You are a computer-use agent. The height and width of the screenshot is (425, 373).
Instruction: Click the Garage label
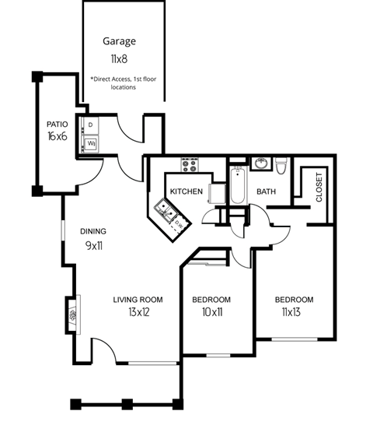point(120,41)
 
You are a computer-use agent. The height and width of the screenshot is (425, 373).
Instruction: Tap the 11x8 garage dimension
point(120,58)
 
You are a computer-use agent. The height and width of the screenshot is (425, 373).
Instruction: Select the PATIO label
point(58,125)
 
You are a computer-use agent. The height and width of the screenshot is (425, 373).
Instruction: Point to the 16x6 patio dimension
point(58,138)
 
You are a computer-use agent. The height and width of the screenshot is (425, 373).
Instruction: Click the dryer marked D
point(90,125)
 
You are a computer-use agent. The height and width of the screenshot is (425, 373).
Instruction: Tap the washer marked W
point(90,144)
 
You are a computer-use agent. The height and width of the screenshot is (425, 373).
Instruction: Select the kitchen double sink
point(166,208)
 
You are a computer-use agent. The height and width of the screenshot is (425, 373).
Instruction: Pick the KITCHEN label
point(186,191)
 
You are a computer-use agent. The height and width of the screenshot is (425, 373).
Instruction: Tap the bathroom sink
point(262,163)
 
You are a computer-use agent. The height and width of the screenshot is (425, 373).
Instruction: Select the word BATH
point(267,191)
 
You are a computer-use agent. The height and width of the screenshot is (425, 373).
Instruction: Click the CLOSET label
point(319,187)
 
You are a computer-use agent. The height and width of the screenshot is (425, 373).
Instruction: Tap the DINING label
point(93,231)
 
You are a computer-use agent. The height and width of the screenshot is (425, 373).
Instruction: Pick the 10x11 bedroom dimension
point(211,313)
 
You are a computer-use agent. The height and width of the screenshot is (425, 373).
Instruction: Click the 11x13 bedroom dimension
point(294,313)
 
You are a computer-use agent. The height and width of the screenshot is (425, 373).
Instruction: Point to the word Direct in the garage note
point(105,79)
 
